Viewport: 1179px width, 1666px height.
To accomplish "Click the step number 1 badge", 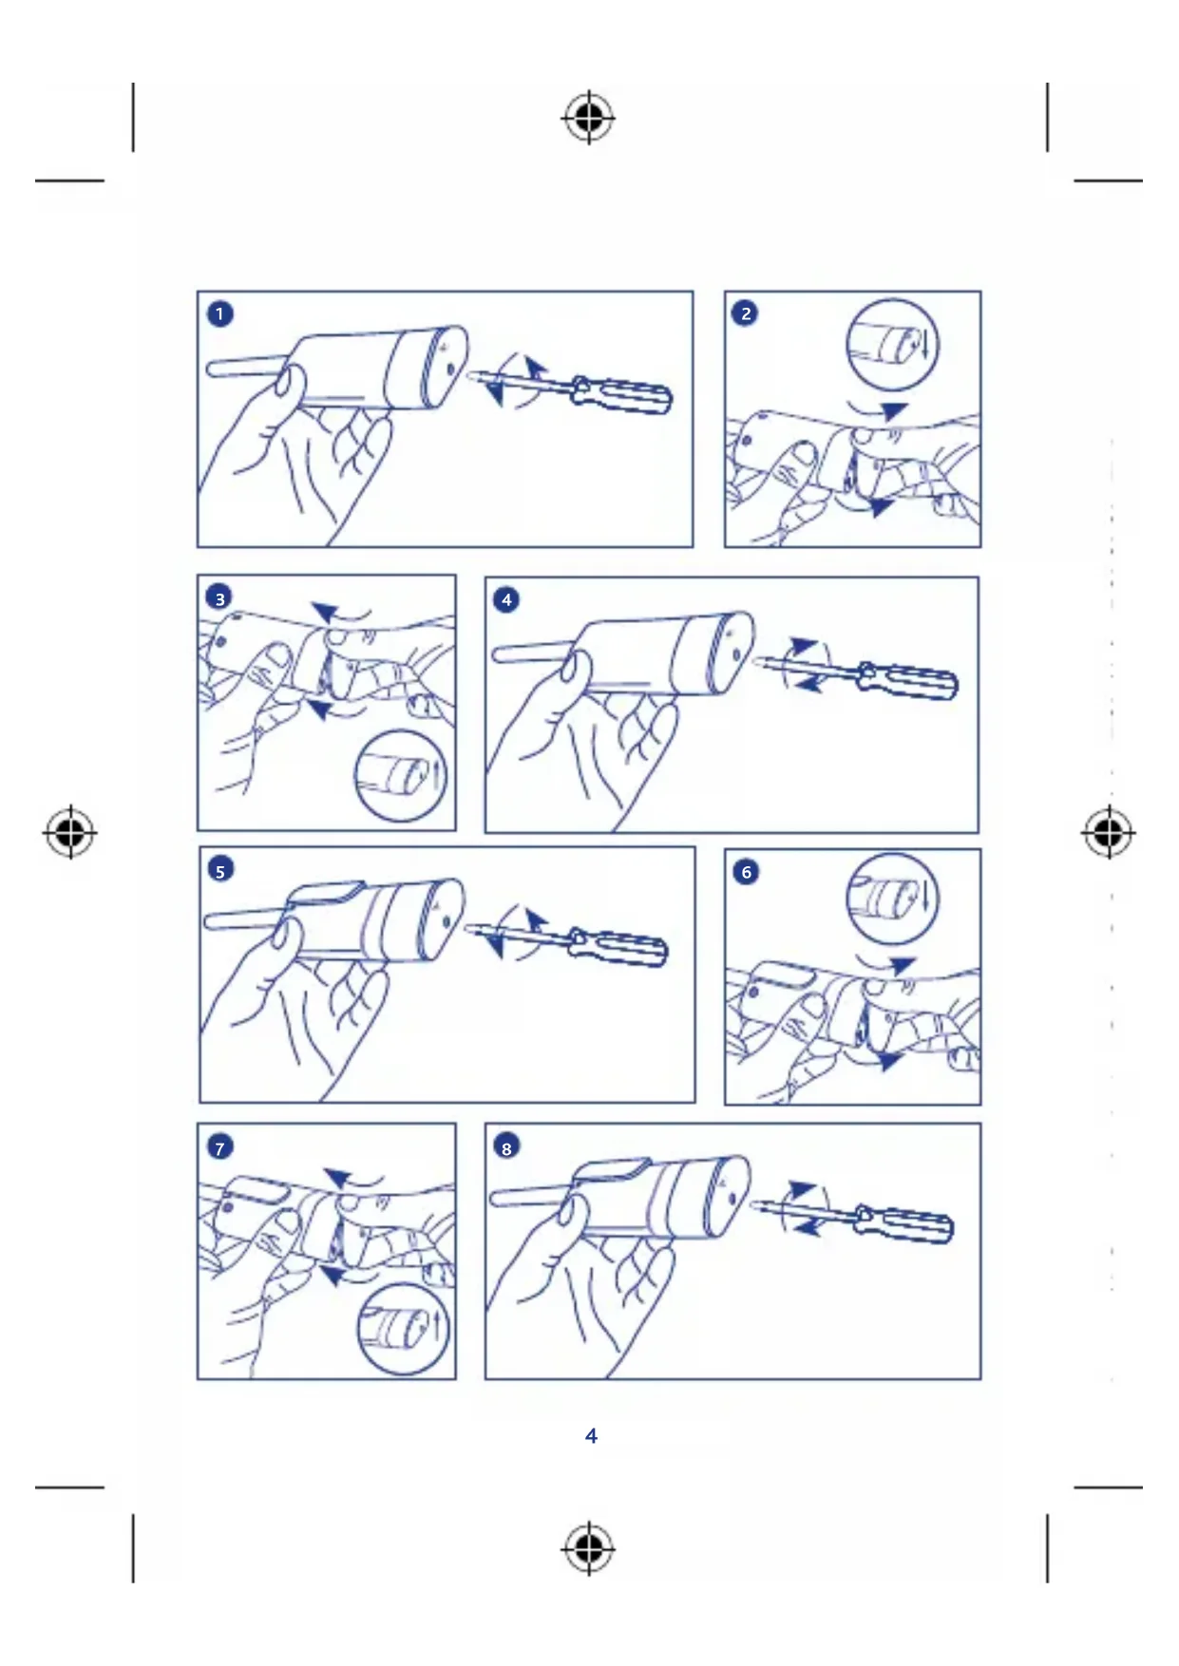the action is (219, 313).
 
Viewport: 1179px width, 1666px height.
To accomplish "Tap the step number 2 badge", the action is (746, 313).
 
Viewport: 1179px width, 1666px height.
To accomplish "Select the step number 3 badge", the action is (219, 598).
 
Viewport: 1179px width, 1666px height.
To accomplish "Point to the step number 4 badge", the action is (506, 599).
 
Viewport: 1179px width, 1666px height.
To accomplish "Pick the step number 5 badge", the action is (220, 870).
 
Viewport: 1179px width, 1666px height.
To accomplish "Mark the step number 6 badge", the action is (747, 872).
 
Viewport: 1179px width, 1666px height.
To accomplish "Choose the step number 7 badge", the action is (219, 1147).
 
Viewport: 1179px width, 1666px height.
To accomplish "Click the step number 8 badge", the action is (506, 1147).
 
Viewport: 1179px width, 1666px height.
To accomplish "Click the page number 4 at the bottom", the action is (591, 1435).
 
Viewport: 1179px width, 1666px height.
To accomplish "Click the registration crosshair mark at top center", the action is (588, 118).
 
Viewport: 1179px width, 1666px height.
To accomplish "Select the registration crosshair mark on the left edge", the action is (69, 833).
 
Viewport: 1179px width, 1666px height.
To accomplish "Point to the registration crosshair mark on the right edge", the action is (1108, 833).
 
